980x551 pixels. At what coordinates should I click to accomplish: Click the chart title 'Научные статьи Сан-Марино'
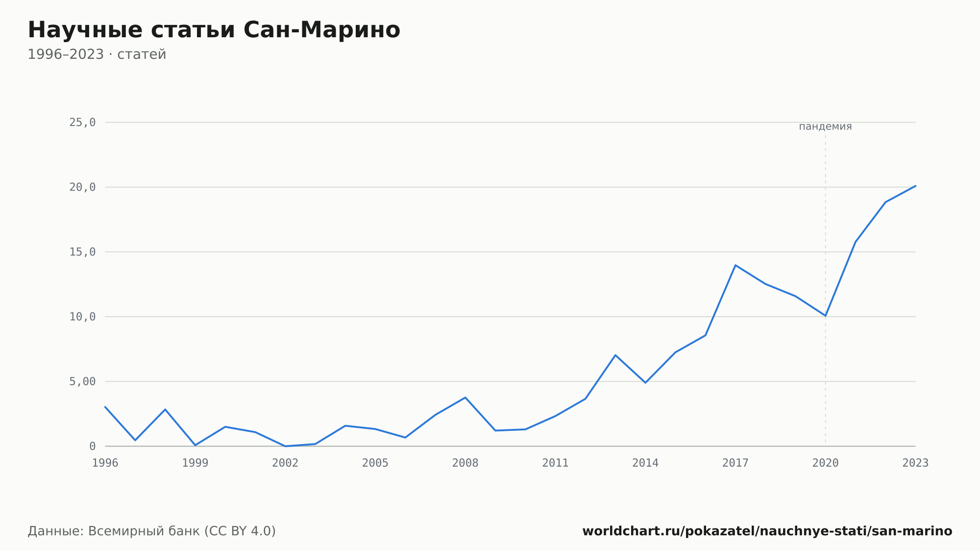[214, 30]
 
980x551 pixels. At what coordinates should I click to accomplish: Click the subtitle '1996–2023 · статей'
[97, 54]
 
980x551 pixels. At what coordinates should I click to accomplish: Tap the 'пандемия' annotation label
[825, 126]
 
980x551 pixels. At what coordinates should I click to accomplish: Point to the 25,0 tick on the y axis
[82, 123]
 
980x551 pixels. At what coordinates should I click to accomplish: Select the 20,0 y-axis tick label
[82, 187]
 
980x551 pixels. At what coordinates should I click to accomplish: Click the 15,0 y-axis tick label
[82, 252]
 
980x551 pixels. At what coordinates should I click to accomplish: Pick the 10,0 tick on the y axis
[82, 317]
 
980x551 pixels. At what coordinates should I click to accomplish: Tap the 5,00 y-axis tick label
[82, 381]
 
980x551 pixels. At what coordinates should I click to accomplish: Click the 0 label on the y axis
[93, 446]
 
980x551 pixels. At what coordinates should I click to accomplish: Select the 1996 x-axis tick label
[105, 463]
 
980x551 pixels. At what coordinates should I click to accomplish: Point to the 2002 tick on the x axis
[285, 463]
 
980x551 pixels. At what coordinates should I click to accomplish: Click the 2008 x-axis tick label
[465, 463]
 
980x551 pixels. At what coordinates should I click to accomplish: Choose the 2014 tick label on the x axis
[645, 463]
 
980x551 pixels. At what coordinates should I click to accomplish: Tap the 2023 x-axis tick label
[915, 463]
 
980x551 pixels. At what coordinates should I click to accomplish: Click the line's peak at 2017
[735, 265]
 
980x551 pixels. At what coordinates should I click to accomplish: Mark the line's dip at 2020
[825, 316]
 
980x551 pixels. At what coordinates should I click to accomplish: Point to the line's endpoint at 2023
[915, 186]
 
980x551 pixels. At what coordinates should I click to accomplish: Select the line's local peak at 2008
[465, 398]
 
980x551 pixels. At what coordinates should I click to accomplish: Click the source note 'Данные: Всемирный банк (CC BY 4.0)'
[152, 531]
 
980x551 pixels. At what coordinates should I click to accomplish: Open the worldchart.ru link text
[767, 531]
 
